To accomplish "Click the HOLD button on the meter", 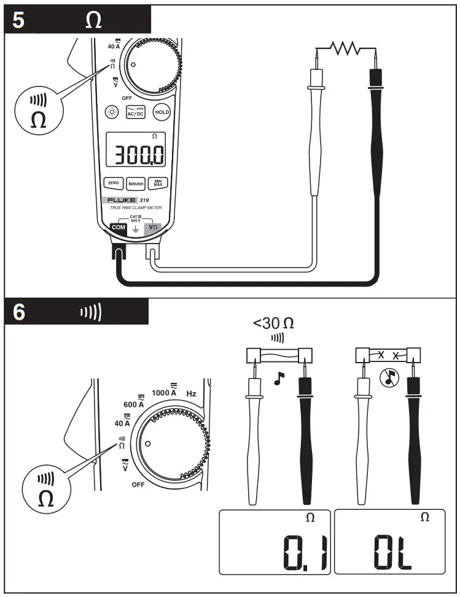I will (162, 112).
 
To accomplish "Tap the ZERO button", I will (113, 183).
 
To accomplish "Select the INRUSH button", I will (135, 183).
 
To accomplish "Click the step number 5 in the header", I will (19, 20).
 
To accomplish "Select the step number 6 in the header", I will (19, 312).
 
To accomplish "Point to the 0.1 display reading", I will (305, 553).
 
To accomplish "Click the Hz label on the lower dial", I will (191, 393).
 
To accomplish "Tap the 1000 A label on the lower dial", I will (164, 393).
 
